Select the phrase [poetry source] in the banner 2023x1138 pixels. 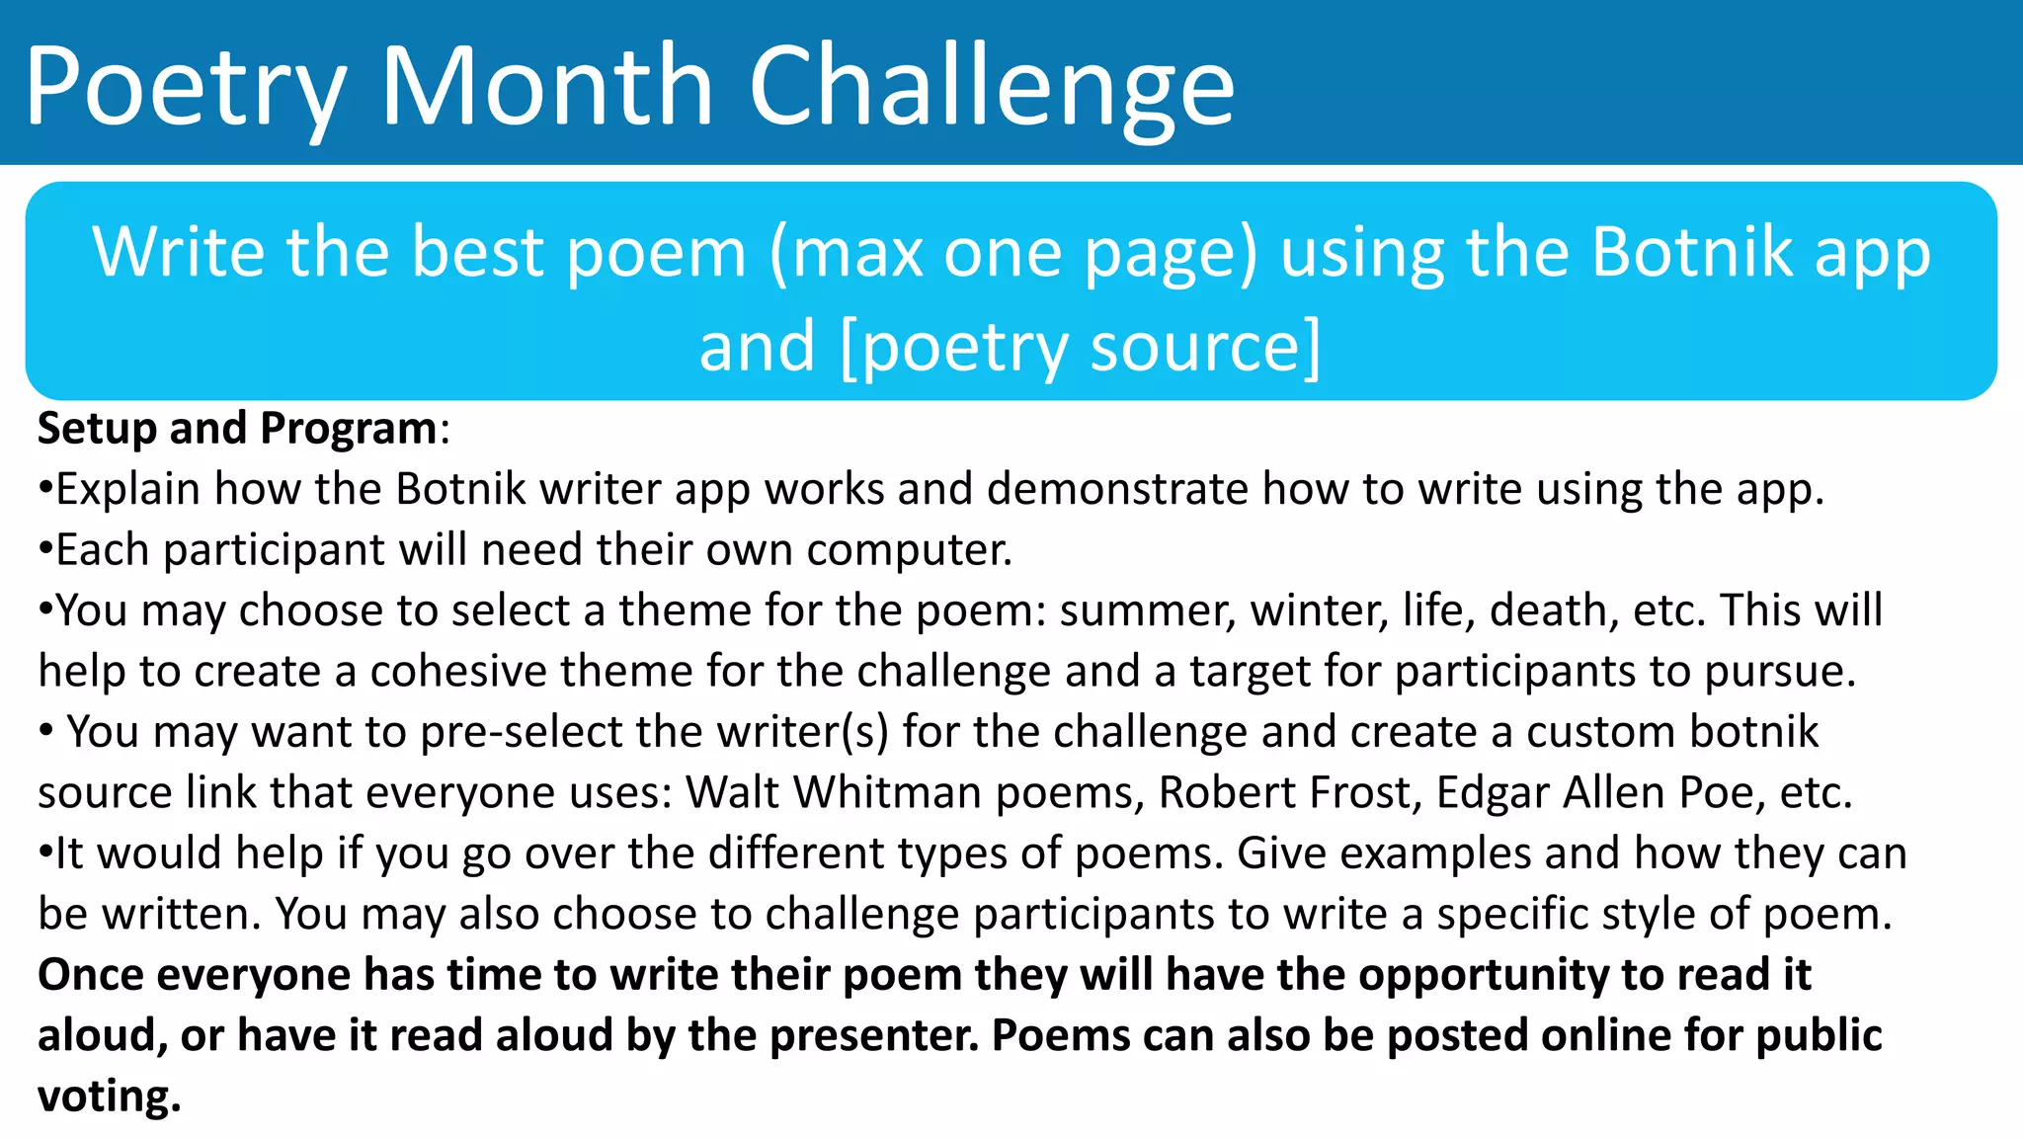point(1080,347)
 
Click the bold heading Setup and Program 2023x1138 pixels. point(237,429)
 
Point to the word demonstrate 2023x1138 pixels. point(1117,489)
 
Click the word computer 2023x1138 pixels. point(909,550)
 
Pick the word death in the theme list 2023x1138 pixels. point(1553,610)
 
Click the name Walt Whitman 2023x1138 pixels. point(834,792)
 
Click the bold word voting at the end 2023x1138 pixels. point(110,1097)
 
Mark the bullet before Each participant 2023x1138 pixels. point(44,550)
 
